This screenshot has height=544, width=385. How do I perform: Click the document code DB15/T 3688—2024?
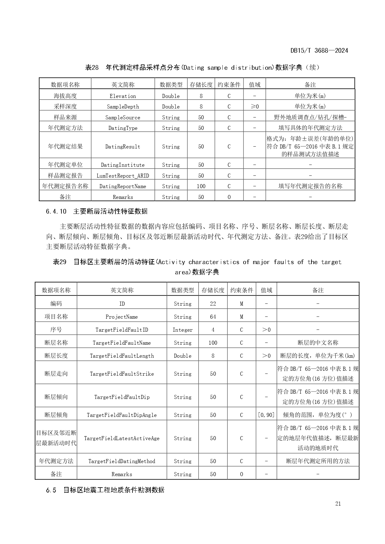coord(319,51)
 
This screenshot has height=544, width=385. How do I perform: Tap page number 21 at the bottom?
coord(338,503)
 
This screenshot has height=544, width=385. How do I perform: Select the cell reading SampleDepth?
coord(123,107)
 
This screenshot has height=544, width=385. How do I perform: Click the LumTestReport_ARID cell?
coord(123,176)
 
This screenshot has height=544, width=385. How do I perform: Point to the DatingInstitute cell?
coord(123,165)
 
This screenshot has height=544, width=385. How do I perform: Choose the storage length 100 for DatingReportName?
coord(201,186)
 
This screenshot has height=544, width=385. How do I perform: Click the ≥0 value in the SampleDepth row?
coord(254,107)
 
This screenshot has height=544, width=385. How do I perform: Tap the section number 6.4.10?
coord(56,211)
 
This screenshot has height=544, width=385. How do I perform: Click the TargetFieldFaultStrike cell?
coord(122,374)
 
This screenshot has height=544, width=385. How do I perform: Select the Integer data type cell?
coord(182,330)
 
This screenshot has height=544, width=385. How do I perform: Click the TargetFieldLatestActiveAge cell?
coord(122,438)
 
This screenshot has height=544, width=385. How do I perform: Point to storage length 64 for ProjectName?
coord(213,317)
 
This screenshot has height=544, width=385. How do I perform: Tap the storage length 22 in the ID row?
coord(213,304)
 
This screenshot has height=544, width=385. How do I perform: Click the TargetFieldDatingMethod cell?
coord(122,461)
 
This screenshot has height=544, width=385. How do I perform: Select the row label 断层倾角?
coord(56,415)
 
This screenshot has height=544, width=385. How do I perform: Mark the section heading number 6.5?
coord(51,490)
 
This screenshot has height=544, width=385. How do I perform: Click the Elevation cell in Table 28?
coord(123,96)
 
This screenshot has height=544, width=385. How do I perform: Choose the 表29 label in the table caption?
coord(60,262)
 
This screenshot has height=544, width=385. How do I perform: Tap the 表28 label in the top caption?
coord(92,68)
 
